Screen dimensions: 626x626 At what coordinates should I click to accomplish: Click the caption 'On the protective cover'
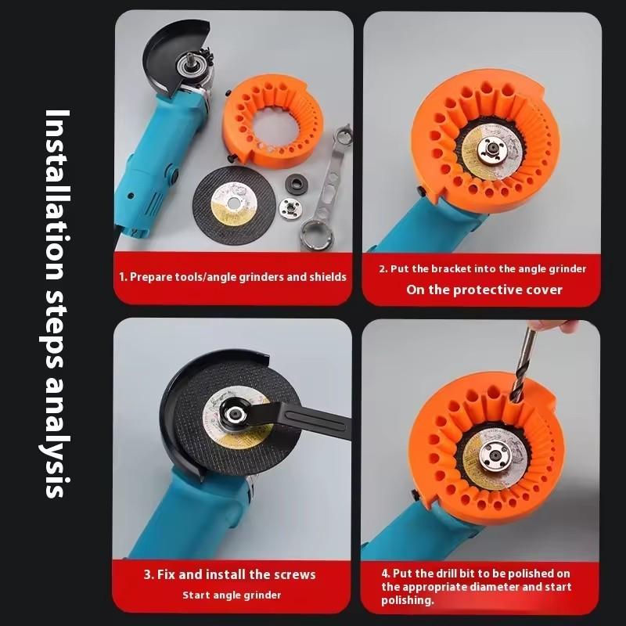(484, 290)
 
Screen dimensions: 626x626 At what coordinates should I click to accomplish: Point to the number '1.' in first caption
(123, 276)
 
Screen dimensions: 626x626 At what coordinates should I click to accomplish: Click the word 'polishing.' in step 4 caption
(408, 600)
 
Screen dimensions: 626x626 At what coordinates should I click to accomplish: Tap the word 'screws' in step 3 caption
(293, 574)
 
